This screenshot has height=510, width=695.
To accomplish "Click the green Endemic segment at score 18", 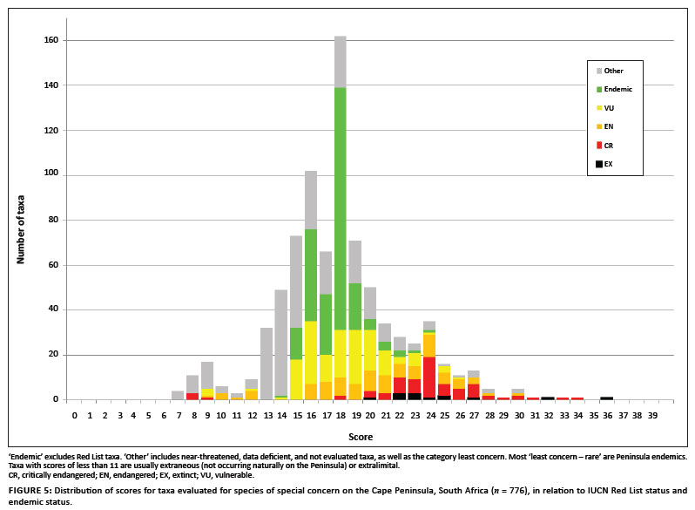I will pos(341,208).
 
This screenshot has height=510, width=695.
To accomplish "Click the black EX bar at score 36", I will pos(606,398).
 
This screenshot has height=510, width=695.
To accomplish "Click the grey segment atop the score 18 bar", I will pos(341,62).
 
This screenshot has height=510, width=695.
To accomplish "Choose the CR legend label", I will pos(610,144).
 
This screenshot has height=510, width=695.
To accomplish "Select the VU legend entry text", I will pos(610,107).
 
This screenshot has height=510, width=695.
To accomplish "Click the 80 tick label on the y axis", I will pos(53,220).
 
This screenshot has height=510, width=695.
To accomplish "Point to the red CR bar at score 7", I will pos(192,396).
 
